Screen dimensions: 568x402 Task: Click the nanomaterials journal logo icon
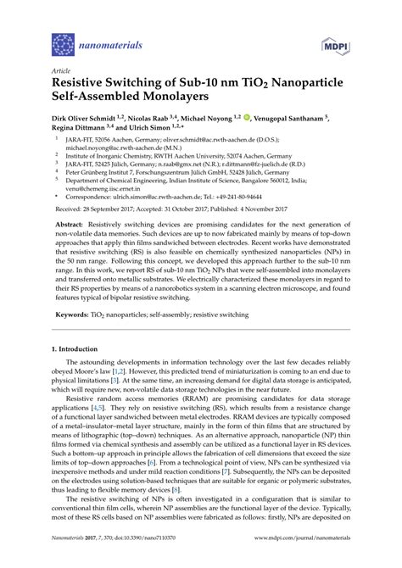click(64, 44)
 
